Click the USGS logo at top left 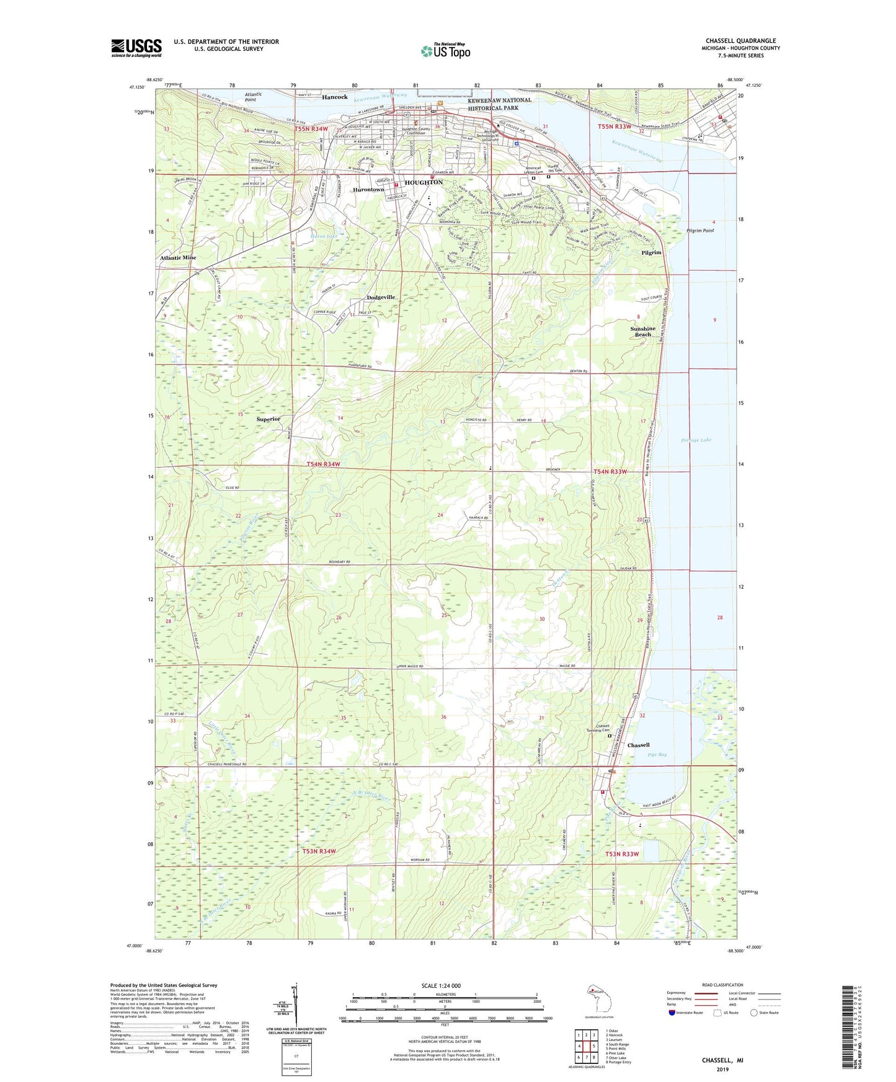point(136,48)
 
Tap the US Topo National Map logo point(445,50)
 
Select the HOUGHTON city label point(424,182)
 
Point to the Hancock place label point(335,97)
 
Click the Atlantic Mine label point(178,258)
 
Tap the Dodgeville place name point(381,297)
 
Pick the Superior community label point(268,419)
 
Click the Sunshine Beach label point(642,332)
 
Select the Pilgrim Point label point(700,231)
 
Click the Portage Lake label point(696,440)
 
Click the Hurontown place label point(368,190)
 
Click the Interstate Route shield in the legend point(672,1013)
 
